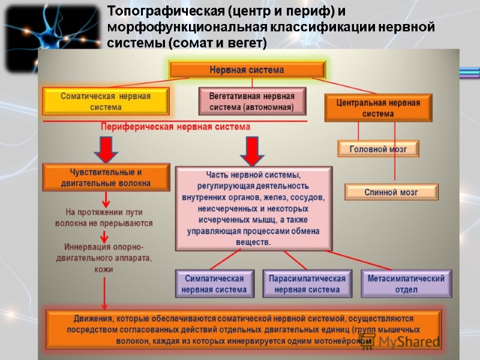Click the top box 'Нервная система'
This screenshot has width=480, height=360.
247,70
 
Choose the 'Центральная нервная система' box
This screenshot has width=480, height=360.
378,108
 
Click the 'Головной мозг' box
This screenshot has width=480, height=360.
378,149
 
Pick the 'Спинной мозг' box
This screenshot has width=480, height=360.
391,192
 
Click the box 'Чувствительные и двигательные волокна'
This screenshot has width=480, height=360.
106,177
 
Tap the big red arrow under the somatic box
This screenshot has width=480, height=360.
107,149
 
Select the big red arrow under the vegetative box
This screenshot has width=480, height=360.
252,151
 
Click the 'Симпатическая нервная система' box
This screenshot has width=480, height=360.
215,284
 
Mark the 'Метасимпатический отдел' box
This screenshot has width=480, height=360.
407,284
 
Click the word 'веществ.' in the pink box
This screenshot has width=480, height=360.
254,242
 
